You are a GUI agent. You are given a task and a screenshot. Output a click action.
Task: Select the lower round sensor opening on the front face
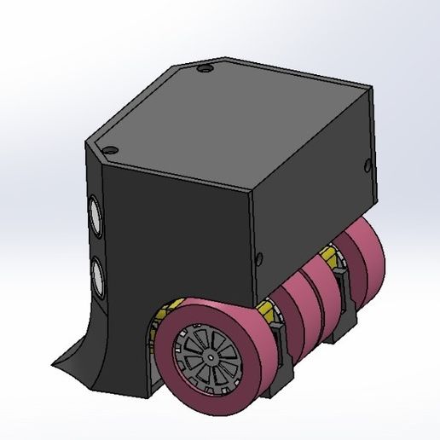click(96, 274)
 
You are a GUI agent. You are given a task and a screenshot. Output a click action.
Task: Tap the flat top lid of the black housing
click(230, 119)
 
